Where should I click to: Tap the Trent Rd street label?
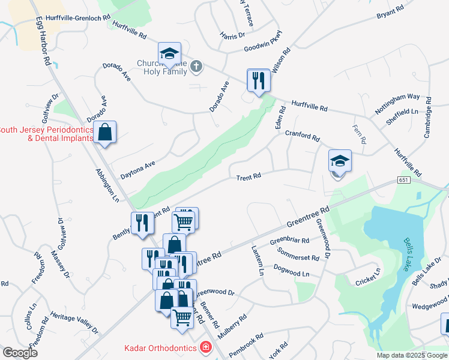(x=249, y=177)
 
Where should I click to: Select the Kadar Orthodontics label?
(x=161, y=347)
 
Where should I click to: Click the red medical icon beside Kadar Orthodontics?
(x=206, y=347)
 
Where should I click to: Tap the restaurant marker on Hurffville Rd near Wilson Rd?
(x=259, y=81)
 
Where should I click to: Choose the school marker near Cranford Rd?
(x=340, y=161)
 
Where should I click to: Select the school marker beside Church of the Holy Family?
(x=169, y=55)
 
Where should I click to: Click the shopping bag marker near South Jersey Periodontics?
(x=104, y=133)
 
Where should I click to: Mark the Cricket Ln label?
(x=368, y=276)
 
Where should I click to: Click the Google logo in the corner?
(x=20, y=352)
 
